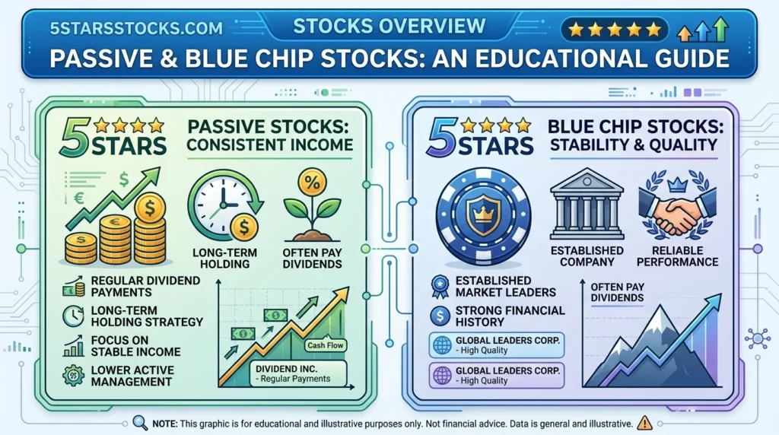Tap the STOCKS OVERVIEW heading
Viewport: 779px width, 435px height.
pos(389,26)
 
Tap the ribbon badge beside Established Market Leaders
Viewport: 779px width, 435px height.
pos(440,286)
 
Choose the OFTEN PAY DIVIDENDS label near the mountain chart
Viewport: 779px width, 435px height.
pos(617,292)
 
